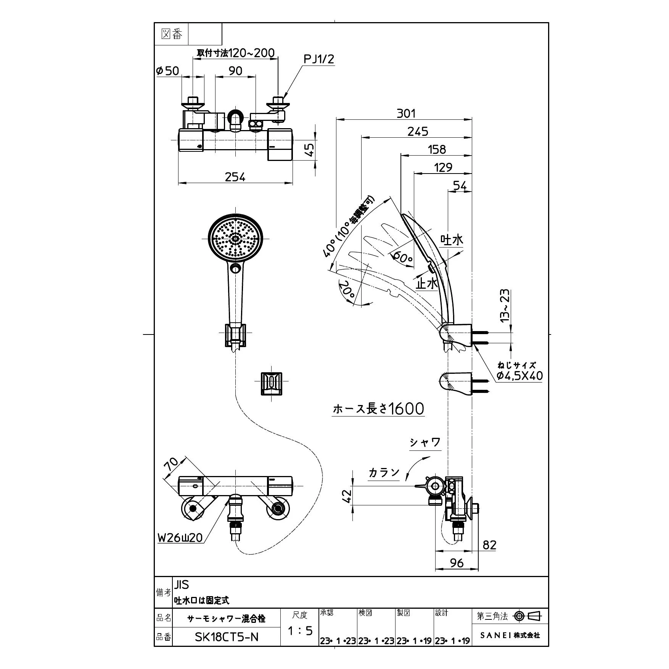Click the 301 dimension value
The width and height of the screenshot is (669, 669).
(x=406, y=113)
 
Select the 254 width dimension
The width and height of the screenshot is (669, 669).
(x=235, y=177)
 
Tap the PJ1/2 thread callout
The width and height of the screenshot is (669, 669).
(x=318, y=59)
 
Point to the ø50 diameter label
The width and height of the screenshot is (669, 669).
(x=167, y=71)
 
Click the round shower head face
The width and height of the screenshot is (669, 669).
(x=235, y=239)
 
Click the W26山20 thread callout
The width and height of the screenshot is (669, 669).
(x=180, y=538)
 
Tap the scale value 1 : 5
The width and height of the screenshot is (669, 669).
(x=300, y=630)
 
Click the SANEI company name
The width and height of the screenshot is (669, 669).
(x=510, y=635)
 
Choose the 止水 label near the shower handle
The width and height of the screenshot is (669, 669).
(x=426, y=283)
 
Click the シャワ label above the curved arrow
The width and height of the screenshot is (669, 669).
(x=425, y=442)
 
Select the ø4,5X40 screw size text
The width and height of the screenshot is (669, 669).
(x=519, y=376)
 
